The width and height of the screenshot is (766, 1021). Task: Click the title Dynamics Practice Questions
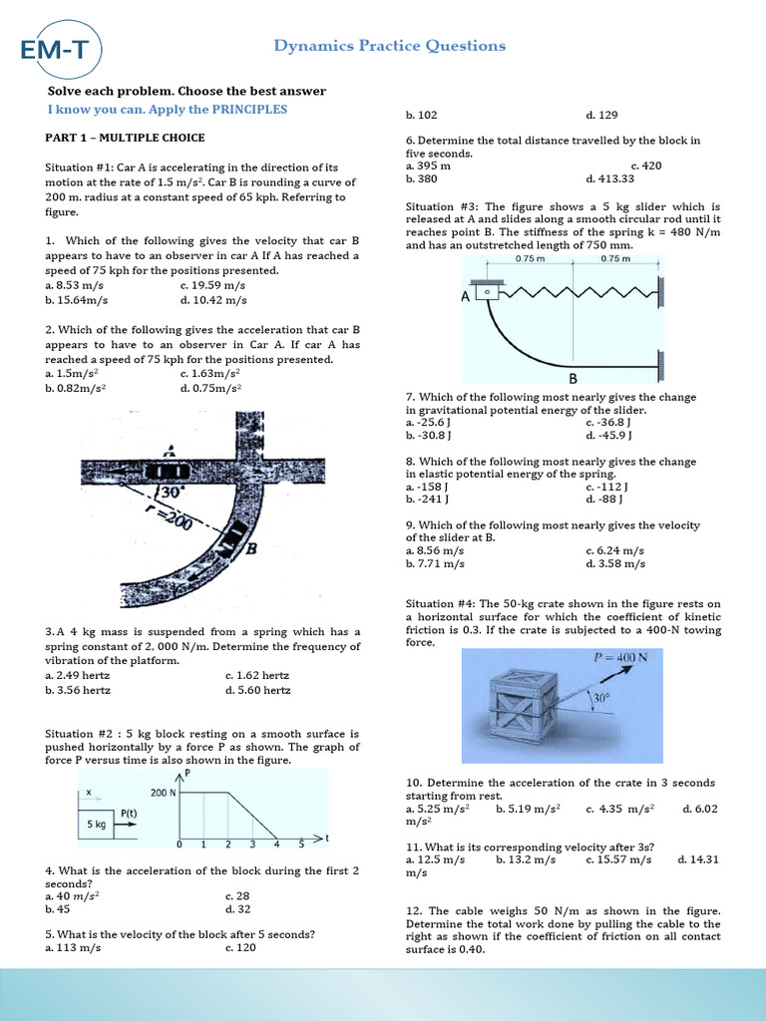pyautogui.click(x=390, y=46)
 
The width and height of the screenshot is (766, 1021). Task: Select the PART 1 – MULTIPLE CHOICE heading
pyautogui.click(x=126, y=138)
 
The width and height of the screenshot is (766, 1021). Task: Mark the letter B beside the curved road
pyautogui.click(x=252, y=547)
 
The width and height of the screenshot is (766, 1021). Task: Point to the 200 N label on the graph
pyautogui.click(x=162, y=793)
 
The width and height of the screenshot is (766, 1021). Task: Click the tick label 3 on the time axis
pyautogui.click(x=252, y=845)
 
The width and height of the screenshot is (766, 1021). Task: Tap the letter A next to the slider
pyautogui.click(x=465, y=296)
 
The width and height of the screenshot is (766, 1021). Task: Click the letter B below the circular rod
pyautogui.click(x=574, y=379)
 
